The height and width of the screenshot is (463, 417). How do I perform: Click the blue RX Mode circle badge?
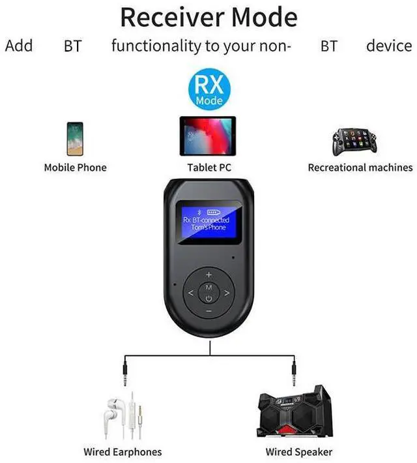coord(209,91)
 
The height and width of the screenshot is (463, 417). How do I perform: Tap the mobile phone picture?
coord(75,138)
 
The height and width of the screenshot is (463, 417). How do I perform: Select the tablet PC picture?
coord(208,136)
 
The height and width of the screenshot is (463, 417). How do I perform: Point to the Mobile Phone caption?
coord(75,168)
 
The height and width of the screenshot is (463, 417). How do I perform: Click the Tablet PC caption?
coord(209,168)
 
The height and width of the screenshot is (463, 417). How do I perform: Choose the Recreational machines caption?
coord(360,168)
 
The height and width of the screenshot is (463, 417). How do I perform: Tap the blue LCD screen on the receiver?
coord(208,222)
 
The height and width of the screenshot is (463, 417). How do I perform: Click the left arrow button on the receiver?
coord(190,293)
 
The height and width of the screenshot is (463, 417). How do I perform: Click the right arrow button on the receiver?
coord(227,293)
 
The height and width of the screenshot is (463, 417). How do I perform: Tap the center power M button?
coord(208,293)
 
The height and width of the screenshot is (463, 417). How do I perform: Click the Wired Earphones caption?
coord(122,451)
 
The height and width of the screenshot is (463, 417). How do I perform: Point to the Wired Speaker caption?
coord(299,451)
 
